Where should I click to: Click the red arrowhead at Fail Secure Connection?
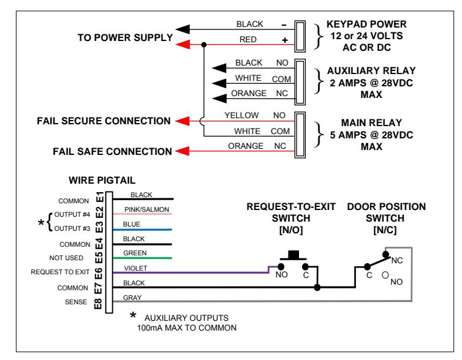point(183,121)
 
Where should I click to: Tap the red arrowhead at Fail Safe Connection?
point(183,151)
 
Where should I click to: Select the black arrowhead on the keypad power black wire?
point(183,29)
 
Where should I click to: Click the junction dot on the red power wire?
point(203,45)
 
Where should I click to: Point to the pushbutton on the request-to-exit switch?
point(293,255)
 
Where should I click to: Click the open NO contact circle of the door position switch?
point(385,275)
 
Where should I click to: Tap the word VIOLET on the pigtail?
point(135,268)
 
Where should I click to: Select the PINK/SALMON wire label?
point(146,209)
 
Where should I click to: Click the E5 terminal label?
point(99,258)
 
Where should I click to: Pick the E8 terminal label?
point(98,304)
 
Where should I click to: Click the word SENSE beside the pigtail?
point(76,302)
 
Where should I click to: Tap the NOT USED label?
point(66,258)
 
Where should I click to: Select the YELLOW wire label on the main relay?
point(241,115)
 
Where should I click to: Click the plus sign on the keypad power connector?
point(285,40)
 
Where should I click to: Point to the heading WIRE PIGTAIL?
point(102,180)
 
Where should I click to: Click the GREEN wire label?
point(135,253)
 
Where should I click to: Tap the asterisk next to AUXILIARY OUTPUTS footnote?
point(133,315)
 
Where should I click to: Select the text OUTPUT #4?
point(72,214)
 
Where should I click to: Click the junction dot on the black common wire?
point(317,287)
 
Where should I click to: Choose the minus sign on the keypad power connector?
point(284,25)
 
